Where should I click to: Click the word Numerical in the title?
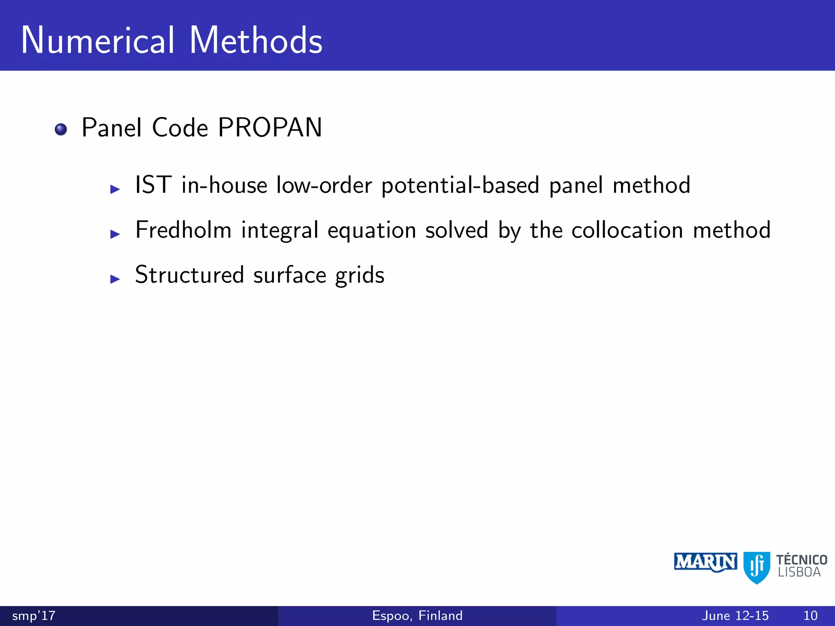tap(98, 40)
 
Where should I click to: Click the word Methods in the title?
tap(256, 40)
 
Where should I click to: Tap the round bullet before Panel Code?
tap(61, 129)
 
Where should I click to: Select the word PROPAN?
tap(270, 128)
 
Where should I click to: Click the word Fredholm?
tap(183, 230)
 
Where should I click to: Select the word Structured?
tap(190, 275)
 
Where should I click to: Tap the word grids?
tap(360, 276)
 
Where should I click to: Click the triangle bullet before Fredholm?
tap(115, 234)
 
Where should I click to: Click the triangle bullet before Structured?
tap(115, 279)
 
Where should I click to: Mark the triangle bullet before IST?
tap(115, 189)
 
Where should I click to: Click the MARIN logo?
tap(705, 562)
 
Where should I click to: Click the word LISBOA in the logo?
tap(799, 573)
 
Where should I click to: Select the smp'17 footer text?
tap(34, 615)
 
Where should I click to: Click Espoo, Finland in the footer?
tap(417, 615)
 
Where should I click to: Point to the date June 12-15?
tap(735, 615)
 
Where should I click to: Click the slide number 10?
tap(811, 615)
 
